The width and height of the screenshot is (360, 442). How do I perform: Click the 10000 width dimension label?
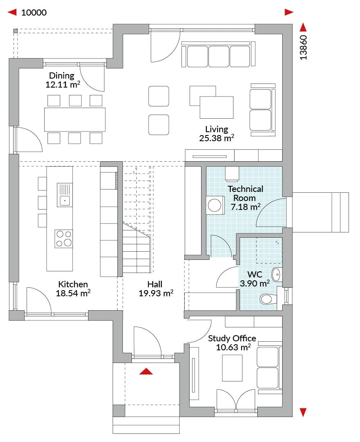[34, 12]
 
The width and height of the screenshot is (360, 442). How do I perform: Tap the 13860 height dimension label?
[303, 47]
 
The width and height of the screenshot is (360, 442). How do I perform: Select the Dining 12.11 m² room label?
[63, 80]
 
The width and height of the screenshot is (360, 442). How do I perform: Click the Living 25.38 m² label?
[217, 133]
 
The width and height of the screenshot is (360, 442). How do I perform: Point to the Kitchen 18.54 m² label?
[73, 289]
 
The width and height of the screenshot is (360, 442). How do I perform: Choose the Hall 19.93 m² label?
[156, 289]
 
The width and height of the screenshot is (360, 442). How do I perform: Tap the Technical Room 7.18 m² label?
[245, 198]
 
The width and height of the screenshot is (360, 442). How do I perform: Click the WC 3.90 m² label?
[255, 279]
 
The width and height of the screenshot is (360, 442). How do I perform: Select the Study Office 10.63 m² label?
[232, 343]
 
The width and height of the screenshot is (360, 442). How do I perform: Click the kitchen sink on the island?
[65, 195]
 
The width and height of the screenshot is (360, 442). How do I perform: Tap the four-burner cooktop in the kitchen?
[64, 239]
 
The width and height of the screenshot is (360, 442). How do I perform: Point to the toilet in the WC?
[268, 299]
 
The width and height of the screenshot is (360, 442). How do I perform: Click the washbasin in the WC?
[276, 274]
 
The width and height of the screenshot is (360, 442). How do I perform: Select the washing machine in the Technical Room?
[215, 205]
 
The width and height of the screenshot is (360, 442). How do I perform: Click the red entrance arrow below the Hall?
[146, 371]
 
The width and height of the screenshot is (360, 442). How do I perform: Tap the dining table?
[75, 119]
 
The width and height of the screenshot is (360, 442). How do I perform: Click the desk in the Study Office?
[232, 368]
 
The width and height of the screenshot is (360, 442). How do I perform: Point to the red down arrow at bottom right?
[303, 412]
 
